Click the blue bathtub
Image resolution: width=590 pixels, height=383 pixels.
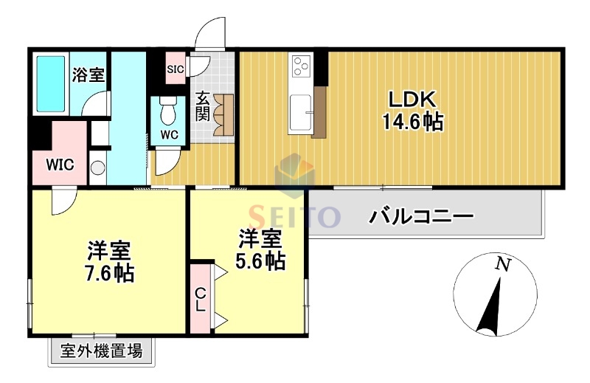click(x=51, y=83)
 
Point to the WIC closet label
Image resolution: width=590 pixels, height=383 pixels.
click(x=60, y=165)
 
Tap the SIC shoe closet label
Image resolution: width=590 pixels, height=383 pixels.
click(x=175, y=69)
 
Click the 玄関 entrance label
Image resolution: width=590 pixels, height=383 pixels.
click(x=203, y=106)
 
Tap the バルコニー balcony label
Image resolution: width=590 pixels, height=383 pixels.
click(x=421, y=218)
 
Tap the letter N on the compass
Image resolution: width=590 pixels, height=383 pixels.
click(x=502, y=264)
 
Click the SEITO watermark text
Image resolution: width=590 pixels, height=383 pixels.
click(x=294, y=215)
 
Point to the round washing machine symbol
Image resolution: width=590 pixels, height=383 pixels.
click(x=98, y=167)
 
